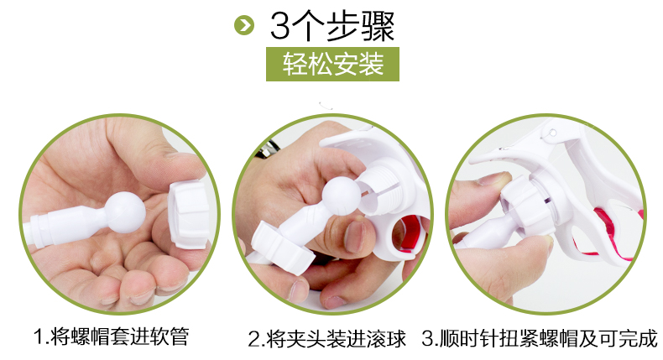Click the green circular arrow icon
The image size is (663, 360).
[244, 25]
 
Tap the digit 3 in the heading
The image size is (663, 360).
[280, 26]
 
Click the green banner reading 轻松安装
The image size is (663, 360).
[332, 65]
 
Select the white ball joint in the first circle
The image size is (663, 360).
[125, 212]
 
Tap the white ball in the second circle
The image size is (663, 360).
[342, 196]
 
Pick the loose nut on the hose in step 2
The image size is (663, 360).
[283, 248]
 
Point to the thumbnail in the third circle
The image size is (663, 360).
[493, 179]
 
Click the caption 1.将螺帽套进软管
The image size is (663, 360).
[112, 337]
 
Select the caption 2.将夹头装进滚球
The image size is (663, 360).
[326, 339]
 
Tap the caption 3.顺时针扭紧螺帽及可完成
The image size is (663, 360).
[540, 338]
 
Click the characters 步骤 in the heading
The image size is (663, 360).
[362, 26]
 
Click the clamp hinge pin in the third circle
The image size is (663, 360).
[551, 133]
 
